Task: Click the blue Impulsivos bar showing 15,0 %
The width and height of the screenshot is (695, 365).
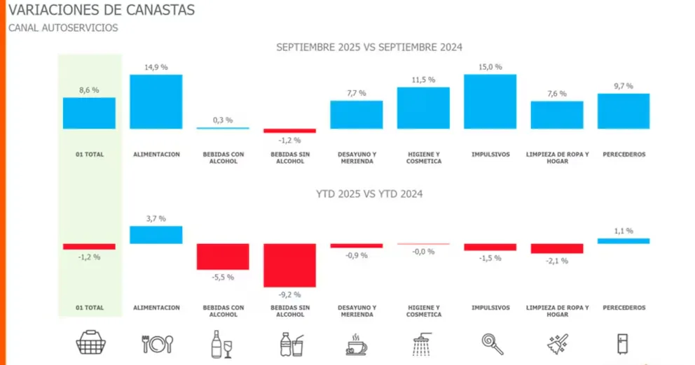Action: [490, 101]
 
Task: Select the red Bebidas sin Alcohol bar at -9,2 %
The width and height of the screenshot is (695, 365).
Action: [289, 265]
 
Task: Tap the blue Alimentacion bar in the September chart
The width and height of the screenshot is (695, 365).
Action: [156, 101]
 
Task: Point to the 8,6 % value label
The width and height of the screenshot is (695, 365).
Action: [89, 90]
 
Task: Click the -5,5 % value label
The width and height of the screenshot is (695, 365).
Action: [223, 277]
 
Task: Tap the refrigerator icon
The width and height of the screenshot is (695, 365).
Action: [623, 343]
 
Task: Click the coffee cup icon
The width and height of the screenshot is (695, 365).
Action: [357, 343]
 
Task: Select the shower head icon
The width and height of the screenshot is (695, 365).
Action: [423, 343]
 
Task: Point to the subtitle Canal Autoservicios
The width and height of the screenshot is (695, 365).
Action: [62, 28]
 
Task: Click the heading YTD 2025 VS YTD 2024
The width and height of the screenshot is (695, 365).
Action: [369, 194]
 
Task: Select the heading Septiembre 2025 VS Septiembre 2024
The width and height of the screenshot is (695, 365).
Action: [369, 47]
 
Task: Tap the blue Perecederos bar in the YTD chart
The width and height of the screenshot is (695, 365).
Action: [623, 241]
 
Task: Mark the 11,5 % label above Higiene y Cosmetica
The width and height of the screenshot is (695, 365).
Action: [423, 80]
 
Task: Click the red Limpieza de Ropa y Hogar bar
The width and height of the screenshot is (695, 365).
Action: [556, 248]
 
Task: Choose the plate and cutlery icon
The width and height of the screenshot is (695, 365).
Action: [156, 343]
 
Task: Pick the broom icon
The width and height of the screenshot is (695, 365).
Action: [557, 343]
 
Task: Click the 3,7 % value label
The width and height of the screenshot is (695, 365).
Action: [156, 218]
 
